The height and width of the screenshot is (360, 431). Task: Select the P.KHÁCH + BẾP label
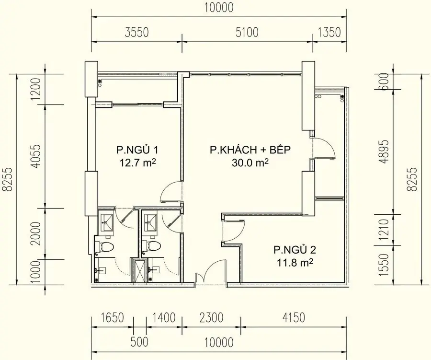pos(250,150)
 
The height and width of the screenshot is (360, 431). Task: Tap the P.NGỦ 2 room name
pos(295,250)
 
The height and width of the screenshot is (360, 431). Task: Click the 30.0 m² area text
pos(250,163)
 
